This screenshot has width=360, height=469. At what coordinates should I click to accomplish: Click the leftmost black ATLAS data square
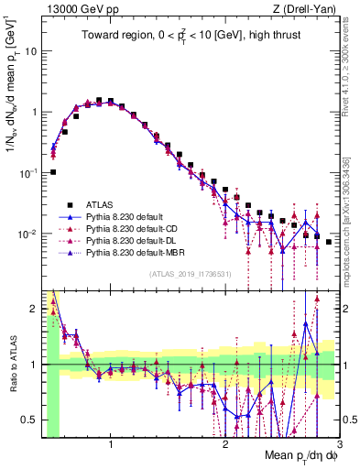point(53,172)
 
